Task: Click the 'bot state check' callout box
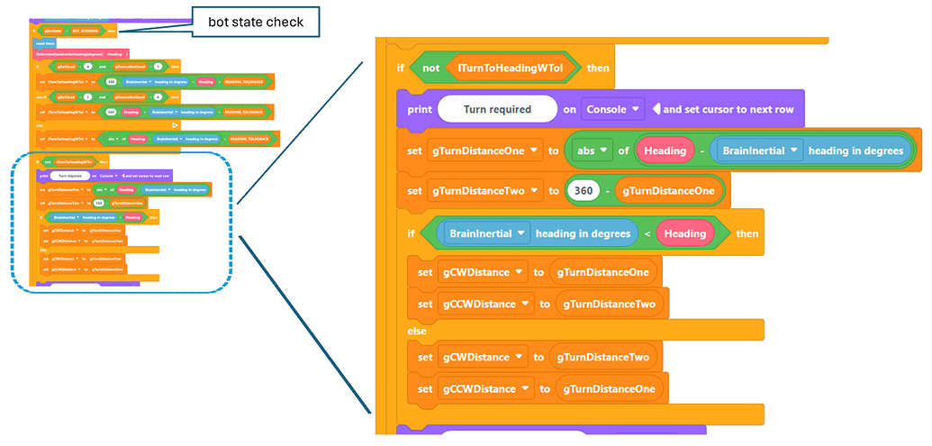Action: click(255, 20)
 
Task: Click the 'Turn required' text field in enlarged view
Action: click(497, 109)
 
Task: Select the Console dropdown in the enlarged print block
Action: click(612, 109)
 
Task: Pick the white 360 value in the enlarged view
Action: click(582, 190)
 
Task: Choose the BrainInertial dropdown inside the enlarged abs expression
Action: click(760, 150)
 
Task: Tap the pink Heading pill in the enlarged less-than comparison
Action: click(684, 233)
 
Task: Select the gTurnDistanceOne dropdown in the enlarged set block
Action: click(484, 150)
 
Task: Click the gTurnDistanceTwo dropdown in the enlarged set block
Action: click(484, 190)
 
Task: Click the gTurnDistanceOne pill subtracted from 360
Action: click(668, 190)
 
